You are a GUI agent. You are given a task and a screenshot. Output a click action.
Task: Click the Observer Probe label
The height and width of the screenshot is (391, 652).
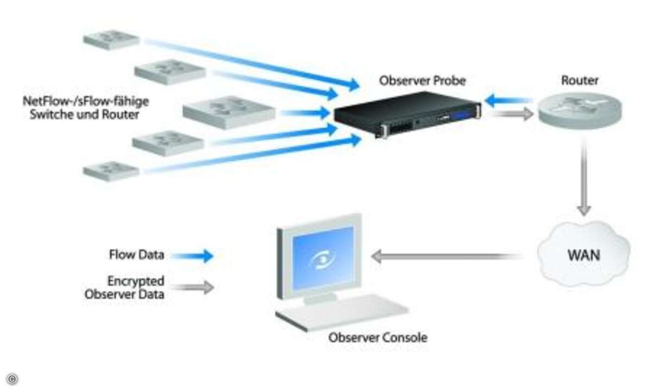tap(422, 80)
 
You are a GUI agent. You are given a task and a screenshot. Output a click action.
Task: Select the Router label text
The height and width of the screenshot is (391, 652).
tap(580, 80)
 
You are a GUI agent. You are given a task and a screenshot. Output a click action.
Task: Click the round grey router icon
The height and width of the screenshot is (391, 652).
tap(580, 111)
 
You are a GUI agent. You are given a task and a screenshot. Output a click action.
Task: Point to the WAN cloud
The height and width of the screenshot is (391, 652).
tap(584, 254)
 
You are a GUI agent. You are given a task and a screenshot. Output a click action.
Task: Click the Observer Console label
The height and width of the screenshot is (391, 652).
tap(378, 338)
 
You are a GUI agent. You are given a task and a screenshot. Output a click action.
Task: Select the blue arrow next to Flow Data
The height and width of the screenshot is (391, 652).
tap(192, 256)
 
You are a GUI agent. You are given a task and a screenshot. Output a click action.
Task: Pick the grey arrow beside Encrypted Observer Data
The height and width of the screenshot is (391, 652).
tap(192, 287)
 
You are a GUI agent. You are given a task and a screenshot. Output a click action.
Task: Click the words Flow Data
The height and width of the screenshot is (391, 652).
tap(136, 255)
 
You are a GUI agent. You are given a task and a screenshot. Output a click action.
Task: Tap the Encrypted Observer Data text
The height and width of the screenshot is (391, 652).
tap(124, 287)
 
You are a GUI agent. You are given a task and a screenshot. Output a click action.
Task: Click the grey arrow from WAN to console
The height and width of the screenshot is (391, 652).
tap(447, 256)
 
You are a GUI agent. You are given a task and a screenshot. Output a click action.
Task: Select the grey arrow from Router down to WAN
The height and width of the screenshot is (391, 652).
tap(584, 178)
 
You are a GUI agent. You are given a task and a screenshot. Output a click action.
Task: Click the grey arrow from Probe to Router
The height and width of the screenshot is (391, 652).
tap(512, 113)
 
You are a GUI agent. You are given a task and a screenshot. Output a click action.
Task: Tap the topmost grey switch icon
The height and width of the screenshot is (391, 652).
tap(111, 40)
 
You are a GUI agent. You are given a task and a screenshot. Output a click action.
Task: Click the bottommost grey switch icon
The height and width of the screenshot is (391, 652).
tap(111, 171)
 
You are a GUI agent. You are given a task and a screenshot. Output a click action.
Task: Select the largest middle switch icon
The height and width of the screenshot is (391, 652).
tap(229, 112)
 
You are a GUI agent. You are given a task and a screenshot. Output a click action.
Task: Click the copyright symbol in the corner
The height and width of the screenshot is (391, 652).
tap(12, 379)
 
